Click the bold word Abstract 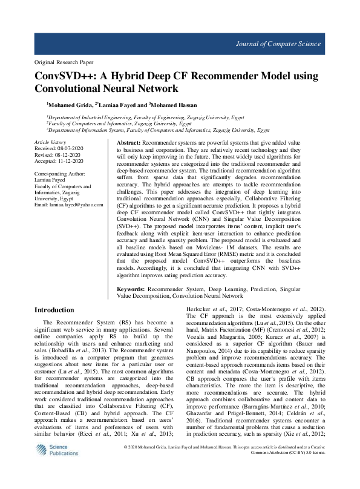pos(128,141)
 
